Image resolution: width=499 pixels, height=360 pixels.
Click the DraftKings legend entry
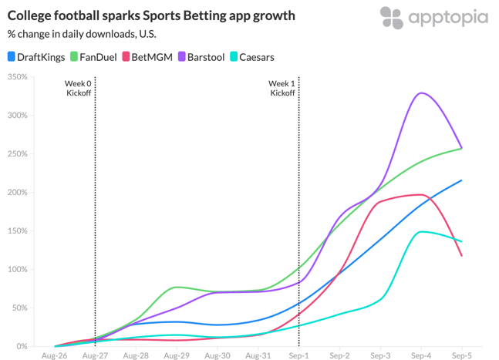(35, 56)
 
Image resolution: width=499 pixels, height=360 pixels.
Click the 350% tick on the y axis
(17, 77)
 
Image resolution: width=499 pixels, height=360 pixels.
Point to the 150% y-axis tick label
(17, 231)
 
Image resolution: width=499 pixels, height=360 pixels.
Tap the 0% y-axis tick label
(21, 347)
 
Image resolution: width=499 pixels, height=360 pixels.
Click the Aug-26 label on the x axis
(54, 355)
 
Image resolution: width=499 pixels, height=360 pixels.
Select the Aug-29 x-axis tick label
(177, 355)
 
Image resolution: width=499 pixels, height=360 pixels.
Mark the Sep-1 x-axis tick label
(298, 355)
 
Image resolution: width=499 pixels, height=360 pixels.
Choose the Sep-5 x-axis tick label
(461, 355)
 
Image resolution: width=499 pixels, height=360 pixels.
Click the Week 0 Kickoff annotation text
(79, 88)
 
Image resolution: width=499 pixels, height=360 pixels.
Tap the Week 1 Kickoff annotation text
(282, 88)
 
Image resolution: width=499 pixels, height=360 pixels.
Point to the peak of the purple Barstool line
(421, 93)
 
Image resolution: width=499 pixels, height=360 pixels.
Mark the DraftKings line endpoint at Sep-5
(461, 180)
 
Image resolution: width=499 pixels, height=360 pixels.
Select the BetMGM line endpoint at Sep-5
(461, 256)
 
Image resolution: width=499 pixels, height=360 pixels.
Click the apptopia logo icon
(392, 17)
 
